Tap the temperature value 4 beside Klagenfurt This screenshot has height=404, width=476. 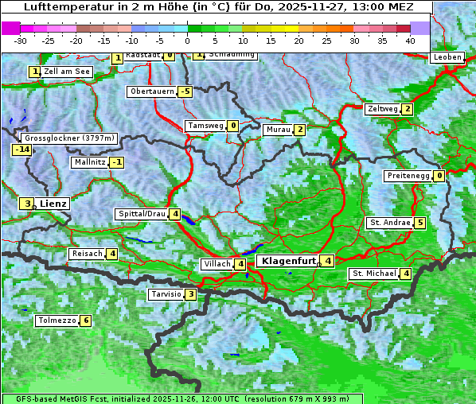click(x=327, y=260)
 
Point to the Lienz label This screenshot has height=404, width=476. click(x=53, y=204)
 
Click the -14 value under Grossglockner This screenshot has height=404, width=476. click(x=21, y=150)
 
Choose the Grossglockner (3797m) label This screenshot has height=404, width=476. click(x=70, y=138)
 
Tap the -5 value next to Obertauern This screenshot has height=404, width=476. click(x=185, y=91)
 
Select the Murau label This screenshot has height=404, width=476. click(x=279, y=130)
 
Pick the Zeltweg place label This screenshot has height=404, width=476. click(x=382, y=109)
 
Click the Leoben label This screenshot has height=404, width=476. click(x=447, y=57)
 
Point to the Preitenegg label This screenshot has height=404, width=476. click(x=408, y=176)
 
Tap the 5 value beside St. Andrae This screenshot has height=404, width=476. click(x=419, y=223)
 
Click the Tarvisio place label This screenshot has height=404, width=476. click(x=166, y=294)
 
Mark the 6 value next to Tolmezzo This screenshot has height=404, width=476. click(x=85, y=321)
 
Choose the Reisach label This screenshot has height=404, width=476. click(x=87, y=254)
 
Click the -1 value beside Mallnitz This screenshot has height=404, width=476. click(x=117, y=162)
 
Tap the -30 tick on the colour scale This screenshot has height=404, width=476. click(x=21, y=40)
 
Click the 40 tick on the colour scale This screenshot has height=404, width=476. click(x=410, y=40)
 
